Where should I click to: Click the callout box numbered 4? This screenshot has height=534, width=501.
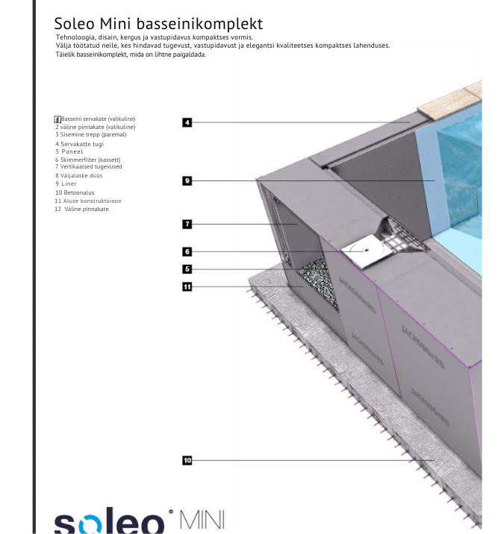click(187, 122)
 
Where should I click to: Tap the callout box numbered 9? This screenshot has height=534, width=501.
click(187, 180)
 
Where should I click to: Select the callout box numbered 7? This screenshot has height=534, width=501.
click(187, 223)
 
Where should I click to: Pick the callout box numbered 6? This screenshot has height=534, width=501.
click(187, 252)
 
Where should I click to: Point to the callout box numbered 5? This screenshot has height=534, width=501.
click(187, 269)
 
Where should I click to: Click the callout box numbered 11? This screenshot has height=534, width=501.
click(187, 286)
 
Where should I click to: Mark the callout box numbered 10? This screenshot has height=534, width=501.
click(187, 462)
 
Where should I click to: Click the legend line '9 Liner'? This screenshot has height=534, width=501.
click(66, 183)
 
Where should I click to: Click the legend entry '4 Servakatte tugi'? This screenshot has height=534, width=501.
click(79, 143)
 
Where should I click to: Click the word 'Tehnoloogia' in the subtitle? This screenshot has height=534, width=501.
click(78, 37)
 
